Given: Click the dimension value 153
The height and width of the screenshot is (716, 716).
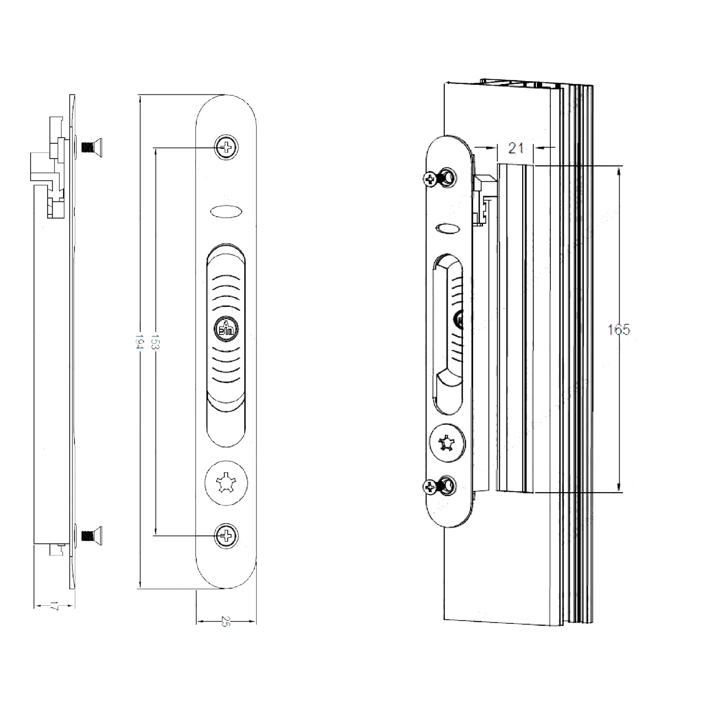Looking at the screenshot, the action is pos(155,342).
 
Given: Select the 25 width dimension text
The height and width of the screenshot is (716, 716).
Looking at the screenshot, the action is pos(226,621).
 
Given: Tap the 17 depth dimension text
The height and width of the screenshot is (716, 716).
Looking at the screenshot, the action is pos(54,607).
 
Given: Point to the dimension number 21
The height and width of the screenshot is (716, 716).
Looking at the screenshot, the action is pos(516,148).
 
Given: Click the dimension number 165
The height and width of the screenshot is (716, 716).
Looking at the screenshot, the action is pos(619,329).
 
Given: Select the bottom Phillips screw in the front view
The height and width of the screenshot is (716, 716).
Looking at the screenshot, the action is pos(227,535).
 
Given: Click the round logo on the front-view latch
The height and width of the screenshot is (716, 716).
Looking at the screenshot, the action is pos(226,328).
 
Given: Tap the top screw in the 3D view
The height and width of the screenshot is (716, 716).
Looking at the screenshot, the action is pos(439,178).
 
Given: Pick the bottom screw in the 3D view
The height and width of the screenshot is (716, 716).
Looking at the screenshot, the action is pos(439,486).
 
